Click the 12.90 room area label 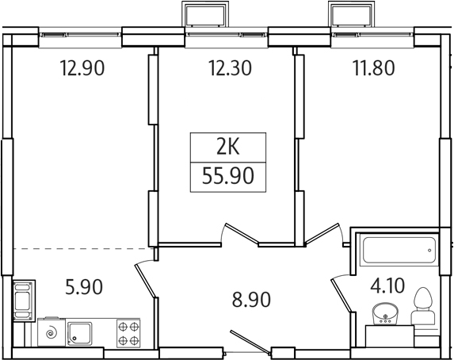82,68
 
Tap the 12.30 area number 229,68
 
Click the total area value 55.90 228,176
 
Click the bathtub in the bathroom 396,253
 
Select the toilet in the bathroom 423,308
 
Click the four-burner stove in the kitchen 128,333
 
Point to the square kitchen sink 79,333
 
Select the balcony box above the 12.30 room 208,15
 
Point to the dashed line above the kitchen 79,248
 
